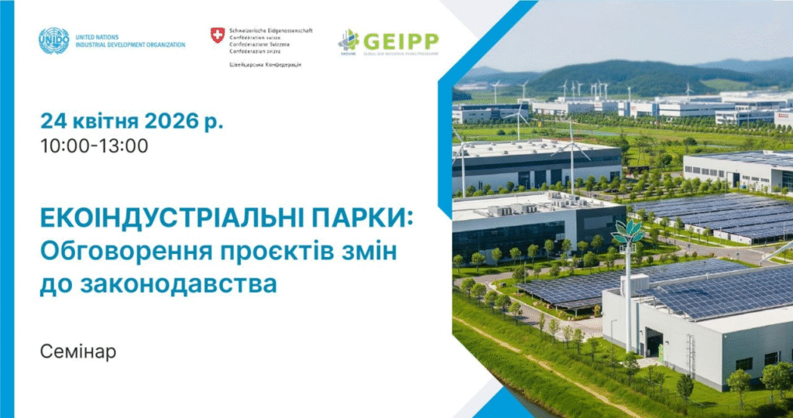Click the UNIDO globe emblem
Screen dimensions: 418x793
point(53,40)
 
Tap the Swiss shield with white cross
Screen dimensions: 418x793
point(218,35)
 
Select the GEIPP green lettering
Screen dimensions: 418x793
point(400,41)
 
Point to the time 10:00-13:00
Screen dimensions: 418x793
point(94,146)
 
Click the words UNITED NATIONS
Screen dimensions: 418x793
point(95,36)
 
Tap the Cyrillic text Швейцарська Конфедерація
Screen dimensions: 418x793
point(266,64)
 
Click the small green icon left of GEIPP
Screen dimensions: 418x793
point(348,41)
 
